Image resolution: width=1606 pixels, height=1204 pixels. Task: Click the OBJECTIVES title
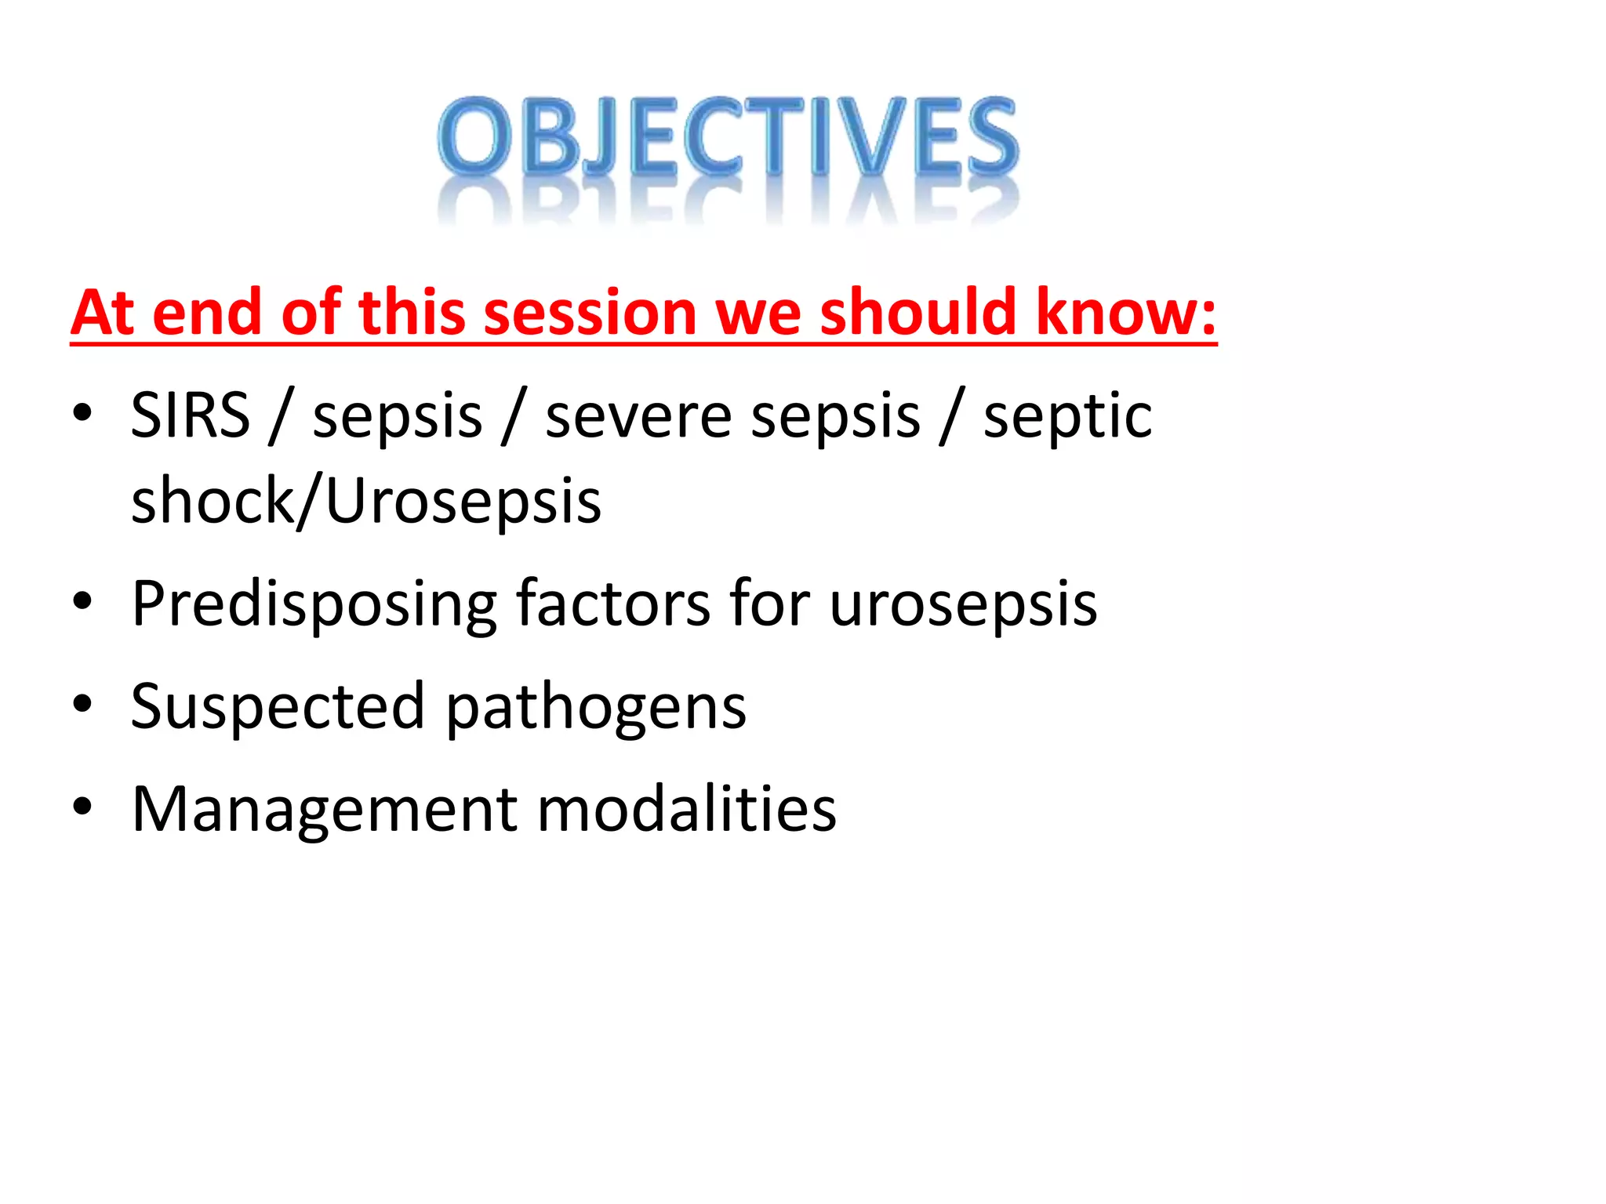(728, 137)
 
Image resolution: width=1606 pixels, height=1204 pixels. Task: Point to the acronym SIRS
(190, 415)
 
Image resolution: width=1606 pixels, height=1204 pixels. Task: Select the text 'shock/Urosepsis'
(366, 502)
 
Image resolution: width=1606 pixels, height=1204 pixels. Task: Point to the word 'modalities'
(687, 810)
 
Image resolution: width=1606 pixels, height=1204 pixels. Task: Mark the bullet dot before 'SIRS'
(82, 412)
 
